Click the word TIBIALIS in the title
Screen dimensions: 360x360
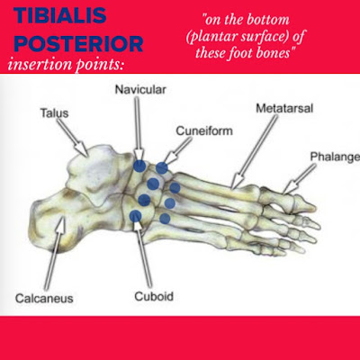click(x=60, y=15)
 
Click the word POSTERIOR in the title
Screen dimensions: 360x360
click(x=78, y=44)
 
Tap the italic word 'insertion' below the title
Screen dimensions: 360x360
click(x=40, y=64)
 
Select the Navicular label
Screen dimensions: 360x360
click(x=140, y=89)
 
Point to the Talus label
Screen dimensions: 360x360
click(x=54, y=113)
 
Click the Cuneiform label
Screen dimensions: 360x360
click(x=204, y=130)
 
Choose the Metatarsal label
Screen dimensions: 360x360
click(x=284, y=108)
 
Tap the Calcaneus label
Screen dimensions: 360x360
click(x=44, y=298)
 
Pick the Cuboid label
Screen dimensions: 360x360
click(x=154, y=296)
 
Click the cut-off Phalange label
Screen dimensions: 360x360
click(x=335, y=157)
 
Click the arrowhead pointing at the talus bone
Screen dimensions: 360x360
click(x=82, y=148)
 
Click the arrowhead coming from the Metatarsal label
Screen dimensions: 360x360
click(x=237, y=181)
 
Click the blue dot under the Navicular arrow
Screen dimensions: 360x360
click(x=139, y=166)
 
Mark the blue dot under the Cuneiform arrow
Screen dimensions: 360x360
click(x=162, y=168)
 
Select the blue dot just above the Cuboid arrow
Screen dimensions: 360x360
click(x=136, y=215)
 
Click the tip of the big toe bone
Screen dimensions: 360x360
click(x=316, y=207)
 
